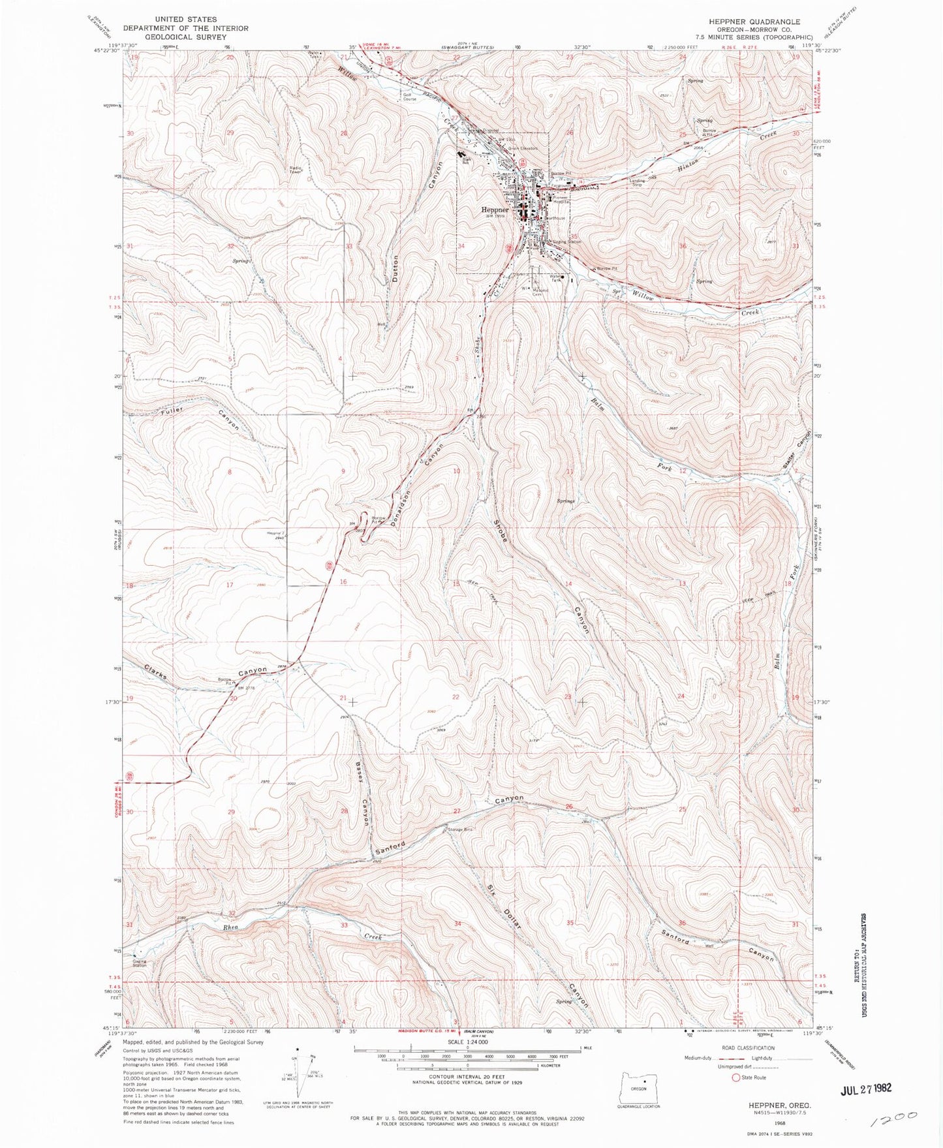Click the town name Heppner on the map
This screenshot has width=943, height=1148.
495,210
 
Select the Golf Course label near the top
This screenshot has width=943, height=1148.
409,97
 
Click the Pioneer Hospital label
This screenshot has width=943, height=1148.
561,200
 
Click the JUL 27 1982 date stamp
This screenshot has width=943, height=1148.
859,1089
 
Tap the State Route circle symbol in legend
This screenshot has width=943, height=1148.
737,1078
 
